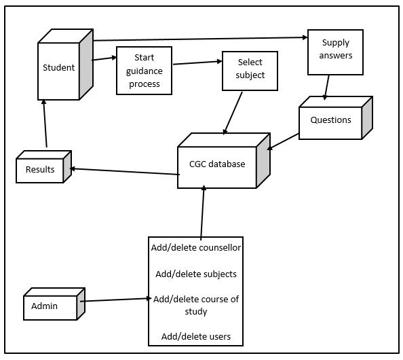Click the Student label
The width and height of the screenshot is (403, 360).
point(58,67)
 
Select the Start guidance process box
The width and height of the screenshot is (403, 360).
point(145,71)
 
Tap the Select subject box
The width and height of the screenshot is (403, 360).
point(250,71)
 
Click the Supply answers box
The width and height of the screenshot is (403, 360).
point(335,52)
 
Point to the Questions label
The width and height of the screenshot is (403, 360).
point(331,120)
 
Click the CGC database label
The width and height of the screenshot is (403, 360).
point(217,164)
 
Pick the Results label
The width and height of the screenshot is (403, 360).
point(40,169)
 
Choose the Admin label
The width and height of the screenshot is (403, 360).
point(44,306)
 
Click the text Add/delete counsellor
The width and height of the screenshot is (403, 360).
point(196,247)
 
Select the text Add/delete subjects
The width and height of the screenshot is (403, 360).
point(196,274)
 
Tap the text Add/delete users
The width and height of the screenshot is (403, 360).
point(196,336)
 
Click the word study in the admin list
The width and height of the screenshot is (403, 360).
point(196,312)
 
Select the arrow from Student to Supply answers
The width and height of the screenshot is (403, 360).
point(200,39)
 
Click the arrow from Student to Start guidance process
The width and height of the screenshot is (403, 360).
point(104,58)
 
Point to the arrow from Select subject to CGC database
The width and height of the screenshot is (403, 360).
point(233,113)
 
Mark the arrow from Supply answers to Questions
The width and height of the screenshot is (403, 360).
point(326,88)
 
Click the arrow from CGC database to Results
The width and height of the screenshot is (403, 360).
point(125,172)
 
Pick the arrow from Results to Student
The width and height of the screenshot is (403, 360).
point(45,124)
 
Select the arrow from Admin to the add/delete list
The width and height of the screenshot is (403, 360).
point(115,300)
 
